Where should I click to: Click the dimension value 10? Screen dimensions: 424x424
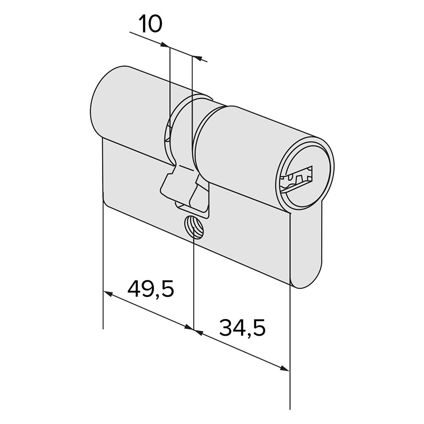click(151, 24)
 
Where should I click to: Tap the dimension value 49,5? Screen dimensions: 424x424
click(151, 289)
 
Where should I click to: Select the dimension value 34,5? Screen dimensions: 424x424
click(242, 327)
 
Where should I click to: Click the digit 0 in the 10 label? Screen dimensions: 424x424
click(155, 24)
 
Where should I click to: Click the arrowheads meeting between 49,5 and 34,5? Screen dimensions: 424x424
click(194, 329)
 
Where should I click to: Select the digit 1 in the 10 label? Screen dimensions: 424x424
click(142, 24)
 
